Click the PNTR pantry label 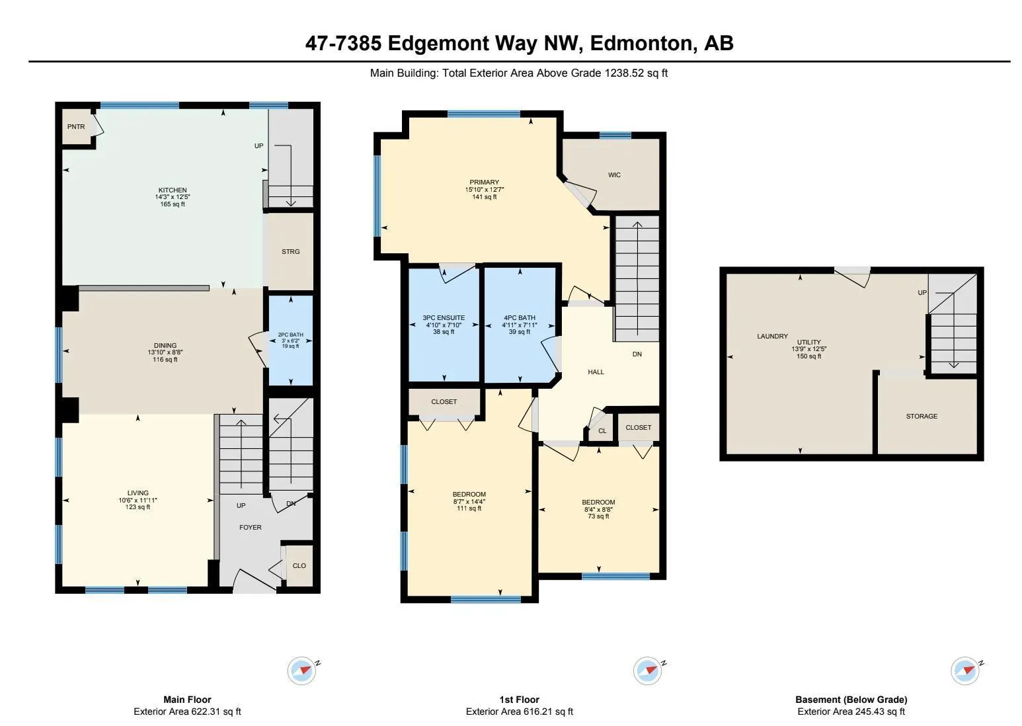[x=76, y=127]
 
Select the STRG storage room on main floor [x=290, y=252]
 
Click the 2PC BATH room [x=290, y=340]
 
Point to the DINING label [x=165, y=345]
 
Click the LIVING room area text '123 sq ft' [x=138, y=507]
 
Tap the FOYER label [x=250, y=528]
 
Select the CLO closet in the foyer [x=299, y=566]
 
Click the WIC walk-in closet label [x=614, y=175]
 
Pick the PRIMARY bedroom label [x=484, y=182]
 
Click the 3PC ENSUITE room [x=444, y=324]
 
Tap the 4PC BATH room [x=520, y=324]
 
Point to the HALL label [x=596, y=372]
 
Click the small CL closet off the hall [x=602, y=431]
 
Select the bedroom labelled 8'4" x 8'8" [x=599, y=508]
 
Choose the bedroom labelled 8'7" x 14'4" [x=469, y=501]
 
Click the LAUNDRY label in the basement [x=772, y=337]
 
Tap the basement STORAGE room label [x=922, y=417]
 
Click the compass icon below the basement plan [x=965, y=670]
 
